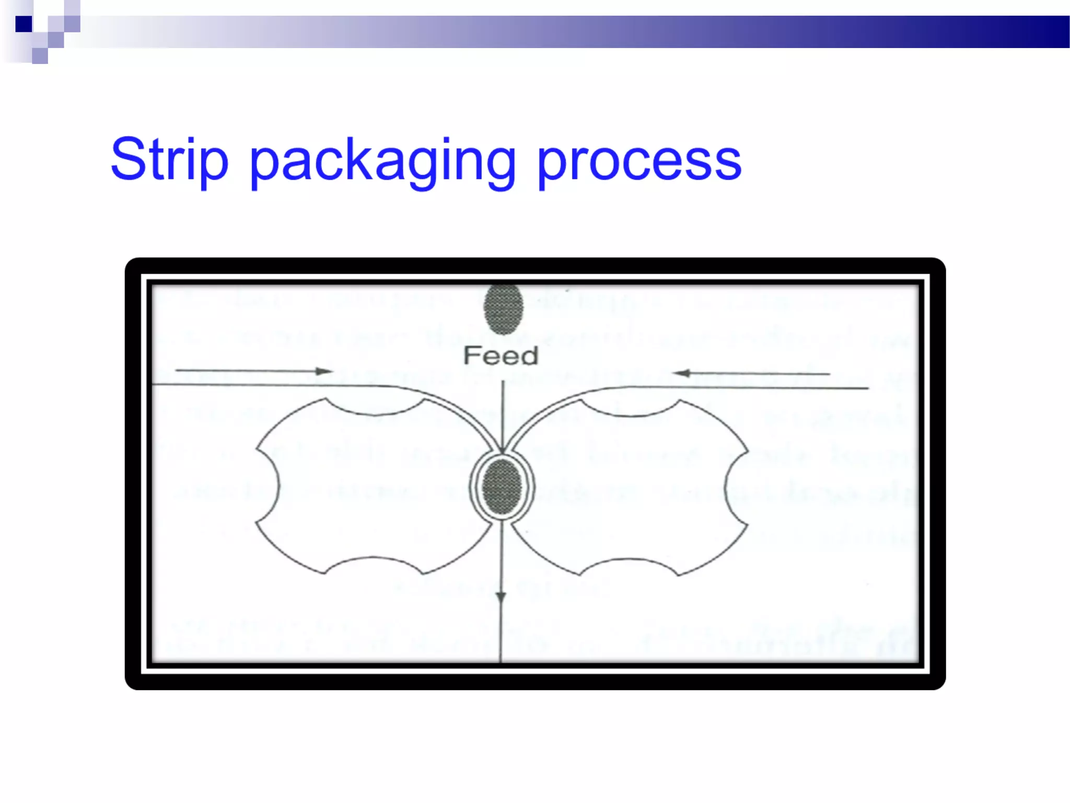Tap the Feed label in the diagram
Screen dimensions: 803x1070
pos(501,356)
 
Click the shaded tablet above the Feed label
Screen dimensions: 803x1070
pos(503,309)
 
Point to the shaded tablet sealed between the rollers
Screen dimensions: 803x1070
pos(502,487)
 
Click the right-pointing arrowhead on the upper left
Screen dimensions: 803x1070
pos(324,371)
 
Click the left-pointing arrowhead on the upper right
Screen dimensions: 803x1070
pos(681,373)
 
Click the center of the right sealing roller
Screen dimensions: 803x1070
pos(630,486)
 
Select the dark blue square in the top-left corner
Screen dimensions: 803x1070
pos(24,24)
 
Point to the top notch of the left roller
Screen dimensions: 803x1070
pos(375,408)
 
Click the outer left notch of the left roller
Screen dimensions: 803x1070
pos(267,486)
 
